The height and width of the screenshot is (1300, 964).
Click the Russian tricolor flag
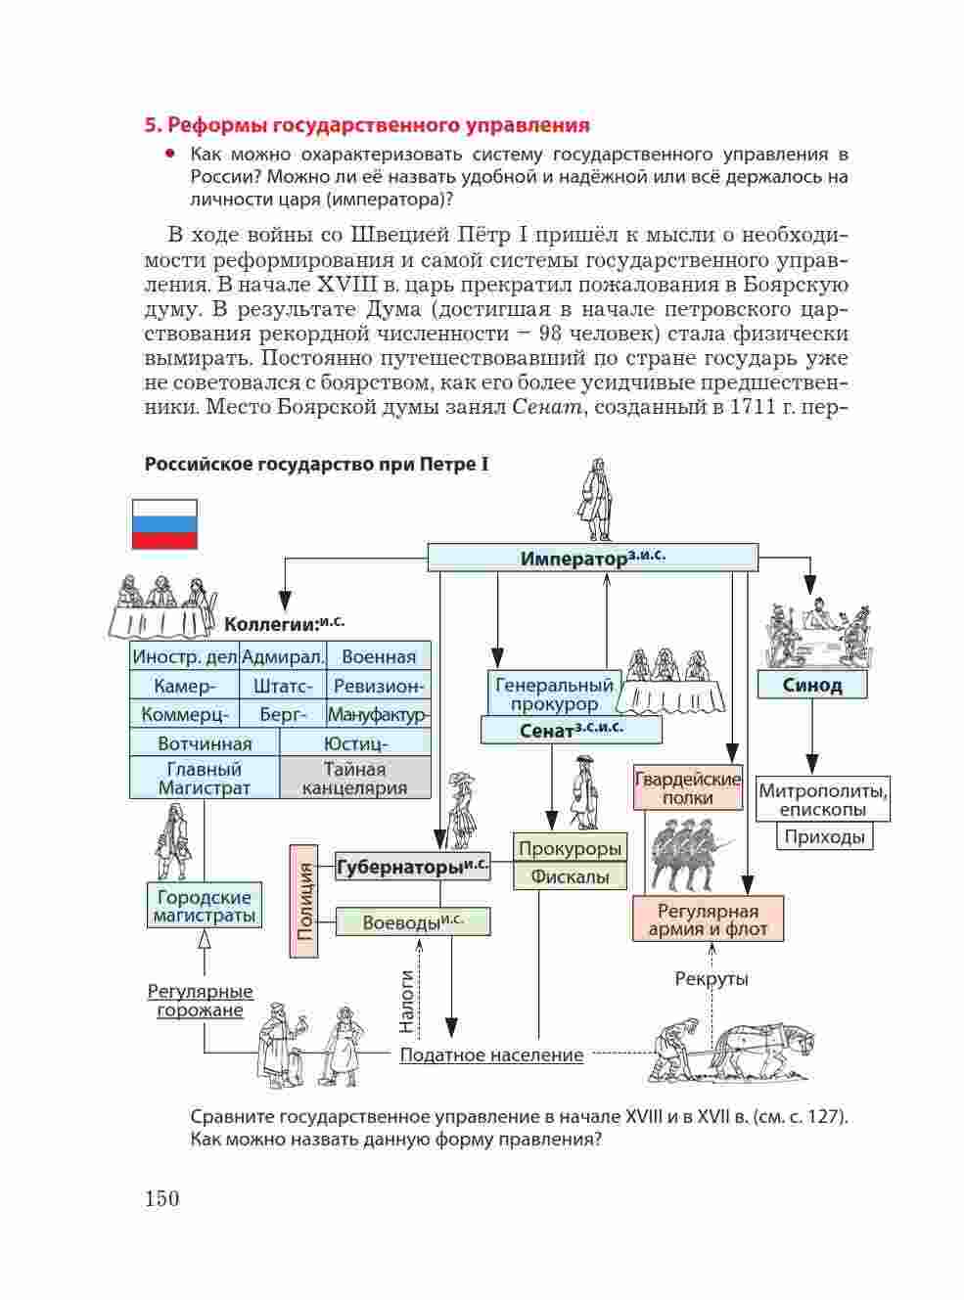tap(164, 524)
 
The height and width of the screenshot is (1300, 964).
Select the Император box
tap(593, 558)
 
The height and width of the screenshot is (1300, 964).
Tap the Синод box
tap(812, 685)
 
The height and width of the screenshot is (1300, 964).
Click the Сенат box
tap(572, 731)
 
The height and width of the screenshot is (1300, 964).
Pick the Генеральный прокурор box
tap(554, 694)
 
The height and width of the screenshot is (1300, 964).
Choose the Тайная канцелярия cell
tap(355, 778)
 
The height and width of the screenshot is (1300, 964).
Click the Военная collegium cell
tap(379, 655)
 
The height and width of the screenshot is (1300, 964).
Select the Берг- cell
tap(283, 714)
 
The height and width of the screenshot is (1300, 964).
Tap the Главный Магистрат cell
tap(205, 778)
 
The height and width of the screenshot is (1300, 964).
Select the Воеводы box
tap(413, 922)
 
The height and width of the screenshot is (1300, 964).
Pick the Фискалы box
tap(570, 876)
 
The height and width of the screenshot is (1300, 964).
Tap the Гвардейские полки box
tap(688, 788)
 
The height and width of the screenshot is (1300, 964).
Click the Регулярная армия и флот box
tap(708, 919)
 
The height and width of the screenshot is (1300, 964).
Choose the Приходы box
tap(824, 836)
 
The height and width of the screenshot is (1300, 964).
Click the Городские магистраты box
tap(205, 906)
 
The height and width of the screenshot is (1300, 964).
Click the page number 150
tap(161, 1198)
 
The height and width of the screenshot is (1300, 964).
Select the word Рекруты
tap(711, 979)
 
